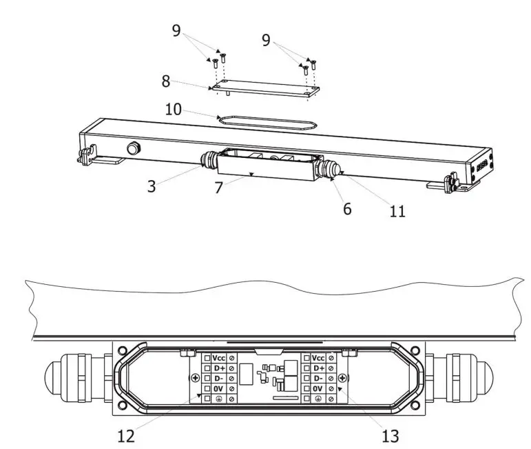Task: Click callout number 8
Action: (x=165, y=81)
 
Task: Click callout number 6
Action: (x=347, y=208)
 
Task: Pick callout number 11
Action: (x=397, y=211)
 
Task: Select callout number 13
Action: (x=389, y=436)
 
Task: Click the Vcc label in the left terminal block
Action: (x=219, y=358)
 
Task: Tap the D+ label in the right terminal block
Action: (x=317, y=368)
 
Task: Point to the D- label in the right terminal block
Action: (x=317, y=379)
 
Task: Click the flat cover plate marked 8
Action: (x=262, y=88)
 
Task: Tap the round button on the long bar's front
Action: (x=132, y=148)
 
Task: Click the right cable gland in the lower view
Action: (x=460, y=379)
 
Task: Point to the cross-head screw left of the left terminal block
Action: (x=196, y=378)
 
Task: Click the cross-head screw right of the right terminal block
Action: (x=342, y=378)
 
